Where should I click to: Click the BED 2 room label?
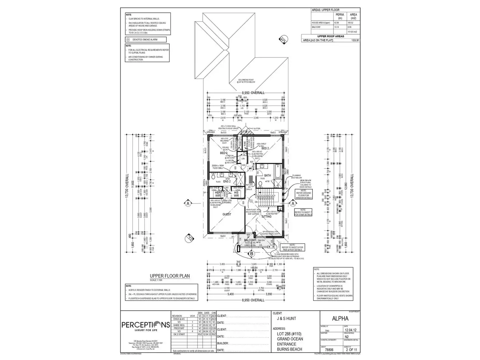[266, 148]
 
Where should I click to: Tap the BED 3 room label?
[223, 153]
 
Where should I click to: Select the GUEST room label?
[227, 214]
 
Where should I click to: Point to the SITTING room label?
[266, 217]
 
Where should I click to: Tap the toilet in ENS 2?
[213, 177]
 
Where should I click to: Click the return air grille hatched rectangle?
[251, 180]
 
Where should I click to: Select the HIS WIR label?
[236, 194]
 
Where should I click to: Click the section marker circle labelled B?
[251, 254]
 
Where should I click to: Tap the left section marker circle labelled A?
[188, 203]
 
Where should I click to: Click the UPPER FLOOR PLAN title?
[170, 276]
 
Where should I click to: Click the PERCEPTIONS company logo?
[145, 325]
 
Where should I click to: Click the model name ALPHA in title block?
[340, 319]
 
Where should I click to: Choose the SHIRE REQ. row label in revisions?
[179, 325]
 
